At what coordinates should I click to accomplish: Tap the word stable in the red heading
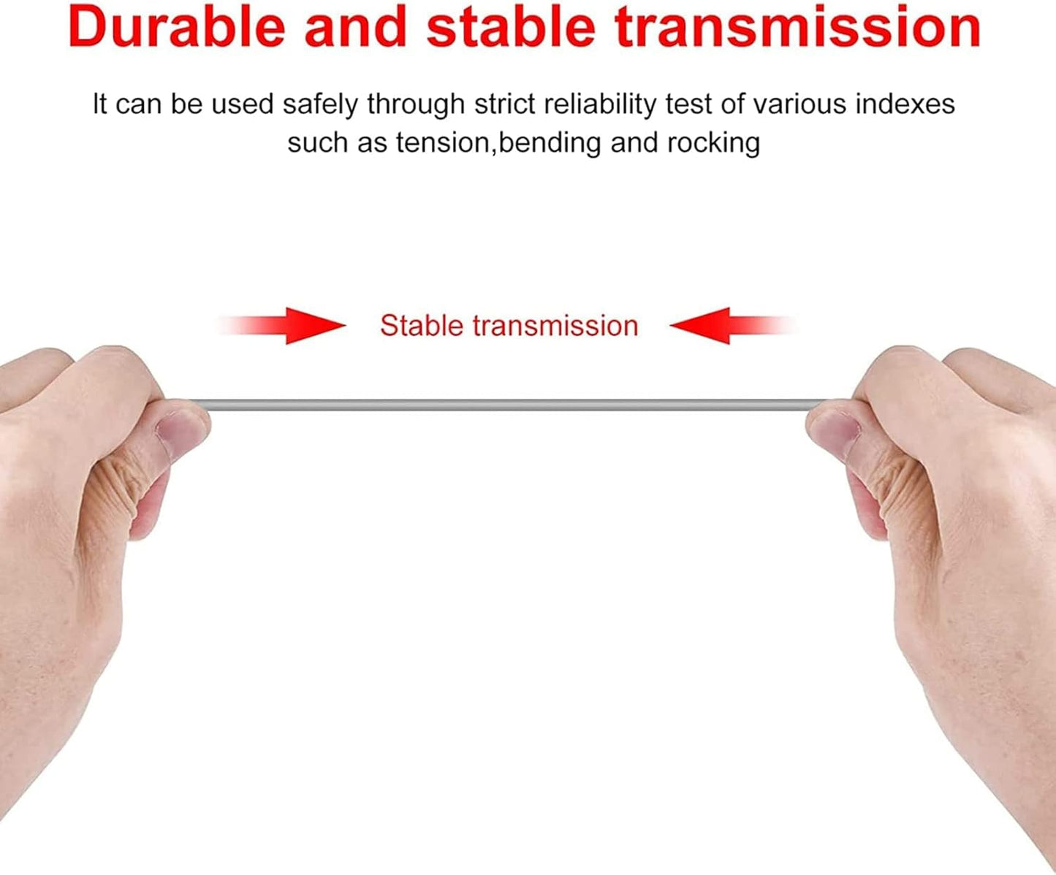pyautogui.click(x=511, y=26)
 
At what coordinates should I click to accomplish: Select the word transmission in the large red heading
pyautogui.click(x=797, y=27)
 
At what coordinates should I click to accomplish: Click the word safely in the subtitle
pyautogui.click(x=320, y=105)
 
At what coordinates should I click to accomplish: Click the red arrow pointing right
pyautogui.click(x=281, y=326)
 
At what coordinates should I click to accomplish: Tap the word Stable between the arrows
pyautogui.click(x=422, y=326)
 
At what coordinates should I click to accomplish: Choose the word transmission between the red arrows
pyautogui.click(x=555, y=326)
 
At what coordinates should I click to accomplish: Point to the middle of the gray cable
pyautogui.click(x=509, y=405)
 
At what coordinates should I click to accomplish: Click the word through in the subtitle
pyautogui.click(x=416, y=105)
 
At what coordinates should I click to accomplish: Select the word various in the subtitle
pyautogui.click(x=799, y=104)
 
